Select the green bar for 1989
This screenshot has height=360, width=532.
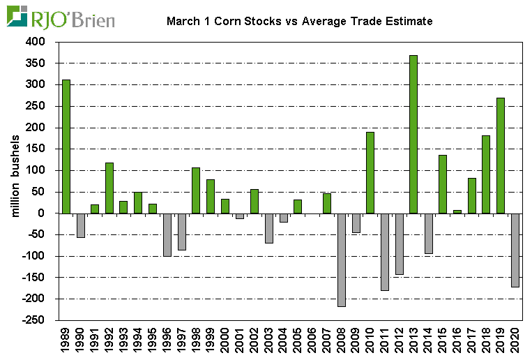66,147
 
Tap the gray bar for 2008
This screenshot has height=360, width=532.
342,260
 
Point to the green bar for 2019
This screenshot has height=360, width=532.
500,156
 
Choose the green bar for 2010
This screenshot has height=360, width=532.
370,172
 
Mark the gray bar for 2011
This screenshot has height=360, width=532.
385,251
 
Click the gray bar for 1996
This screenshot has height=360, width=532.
167,234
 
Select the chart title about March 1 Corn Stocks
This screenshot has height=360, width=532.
300,21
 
